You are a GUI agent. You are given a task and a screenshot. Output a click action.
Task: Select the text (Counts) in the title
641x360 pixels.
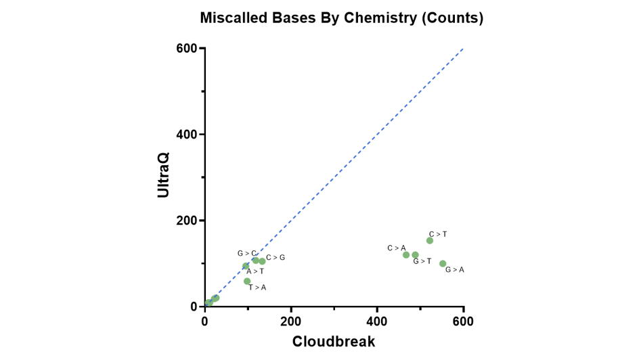tap(452, 18)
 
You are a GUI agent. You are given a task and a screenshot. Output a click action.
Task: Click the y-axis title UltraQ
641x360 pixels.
tap(163, 174)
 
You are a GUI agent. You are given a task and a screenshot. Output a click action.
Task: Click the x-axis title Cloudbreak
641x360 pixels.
tap(334, 342)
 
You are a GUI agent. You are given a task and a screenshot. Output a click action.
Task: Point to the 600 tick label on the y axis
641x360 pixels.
tap(187, 49)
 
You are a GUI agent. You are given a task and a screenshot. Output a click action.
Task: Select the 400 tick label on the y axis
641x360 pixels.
tap(187, 135)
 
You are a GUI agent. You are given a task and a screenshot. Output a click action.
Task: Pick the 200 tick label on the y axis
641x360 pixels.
tap(187, 221)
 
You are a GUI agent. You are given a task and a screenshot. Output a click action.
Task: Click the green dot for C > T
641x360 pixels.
tap(430, 240)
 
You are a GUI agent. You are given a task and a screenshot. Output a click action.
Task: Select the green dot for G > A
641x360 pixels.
tap(443, 264)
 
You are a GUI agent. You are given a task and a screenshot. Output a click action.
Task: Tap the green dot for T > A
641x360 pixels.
tap(247, 281)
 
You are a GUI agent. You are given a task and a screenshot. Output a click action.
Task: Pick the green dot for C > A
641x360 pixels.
tap(406, 255)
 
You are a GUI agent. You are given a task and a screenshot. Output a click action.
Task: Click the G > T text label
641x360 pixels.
tap(422, 261)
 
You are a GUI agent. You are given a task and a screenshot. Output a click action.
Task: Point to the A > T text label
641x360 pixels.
tap(255, 271)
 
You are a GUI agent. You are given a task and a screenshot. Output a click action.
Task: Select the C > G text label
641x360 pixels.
tap(275, 258)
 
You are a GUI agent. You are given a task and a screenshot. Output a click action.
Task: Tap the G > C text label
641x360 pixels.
tap(246, 254)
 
